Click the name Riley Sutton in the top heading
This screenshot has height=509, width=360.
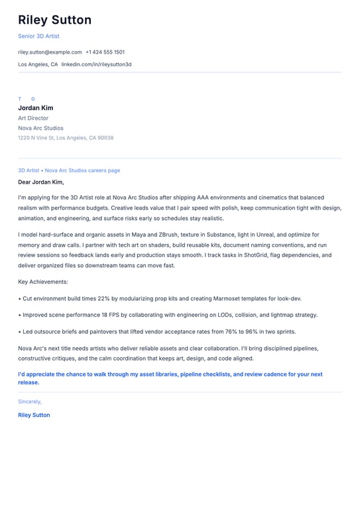(x=54, y=20)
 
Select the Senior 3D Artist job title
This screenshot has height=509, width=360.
(x=38, y=36)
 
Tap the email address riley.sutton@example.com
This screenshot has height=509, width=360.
(x=50, y=52)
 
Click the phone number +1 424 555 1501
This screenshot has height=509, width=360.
(x=105, y=52)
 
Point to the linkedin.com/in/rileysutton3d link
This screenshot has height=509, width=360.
(x=96, y=64)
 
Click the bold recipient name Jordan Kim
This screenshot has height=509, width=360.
(x=36, y=108)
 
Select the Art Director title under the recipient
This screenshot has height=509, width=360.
(x=33, y=118)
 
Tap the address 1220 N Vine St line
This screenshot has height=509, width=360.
(x=66, y=138)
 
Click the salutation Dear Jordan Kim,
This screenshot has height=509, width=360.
(x=41, y=182)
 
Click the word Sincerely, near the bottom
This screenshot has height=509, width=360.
(x=30, y=402)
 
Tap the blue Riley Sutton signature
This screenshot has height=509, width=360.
(x=34, y=415)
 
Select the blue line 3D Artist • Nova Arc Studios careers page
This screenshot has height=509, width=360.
(x=69, y=170)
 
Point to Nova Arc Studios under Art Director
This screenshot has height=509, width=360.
(x=41, y=128)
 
